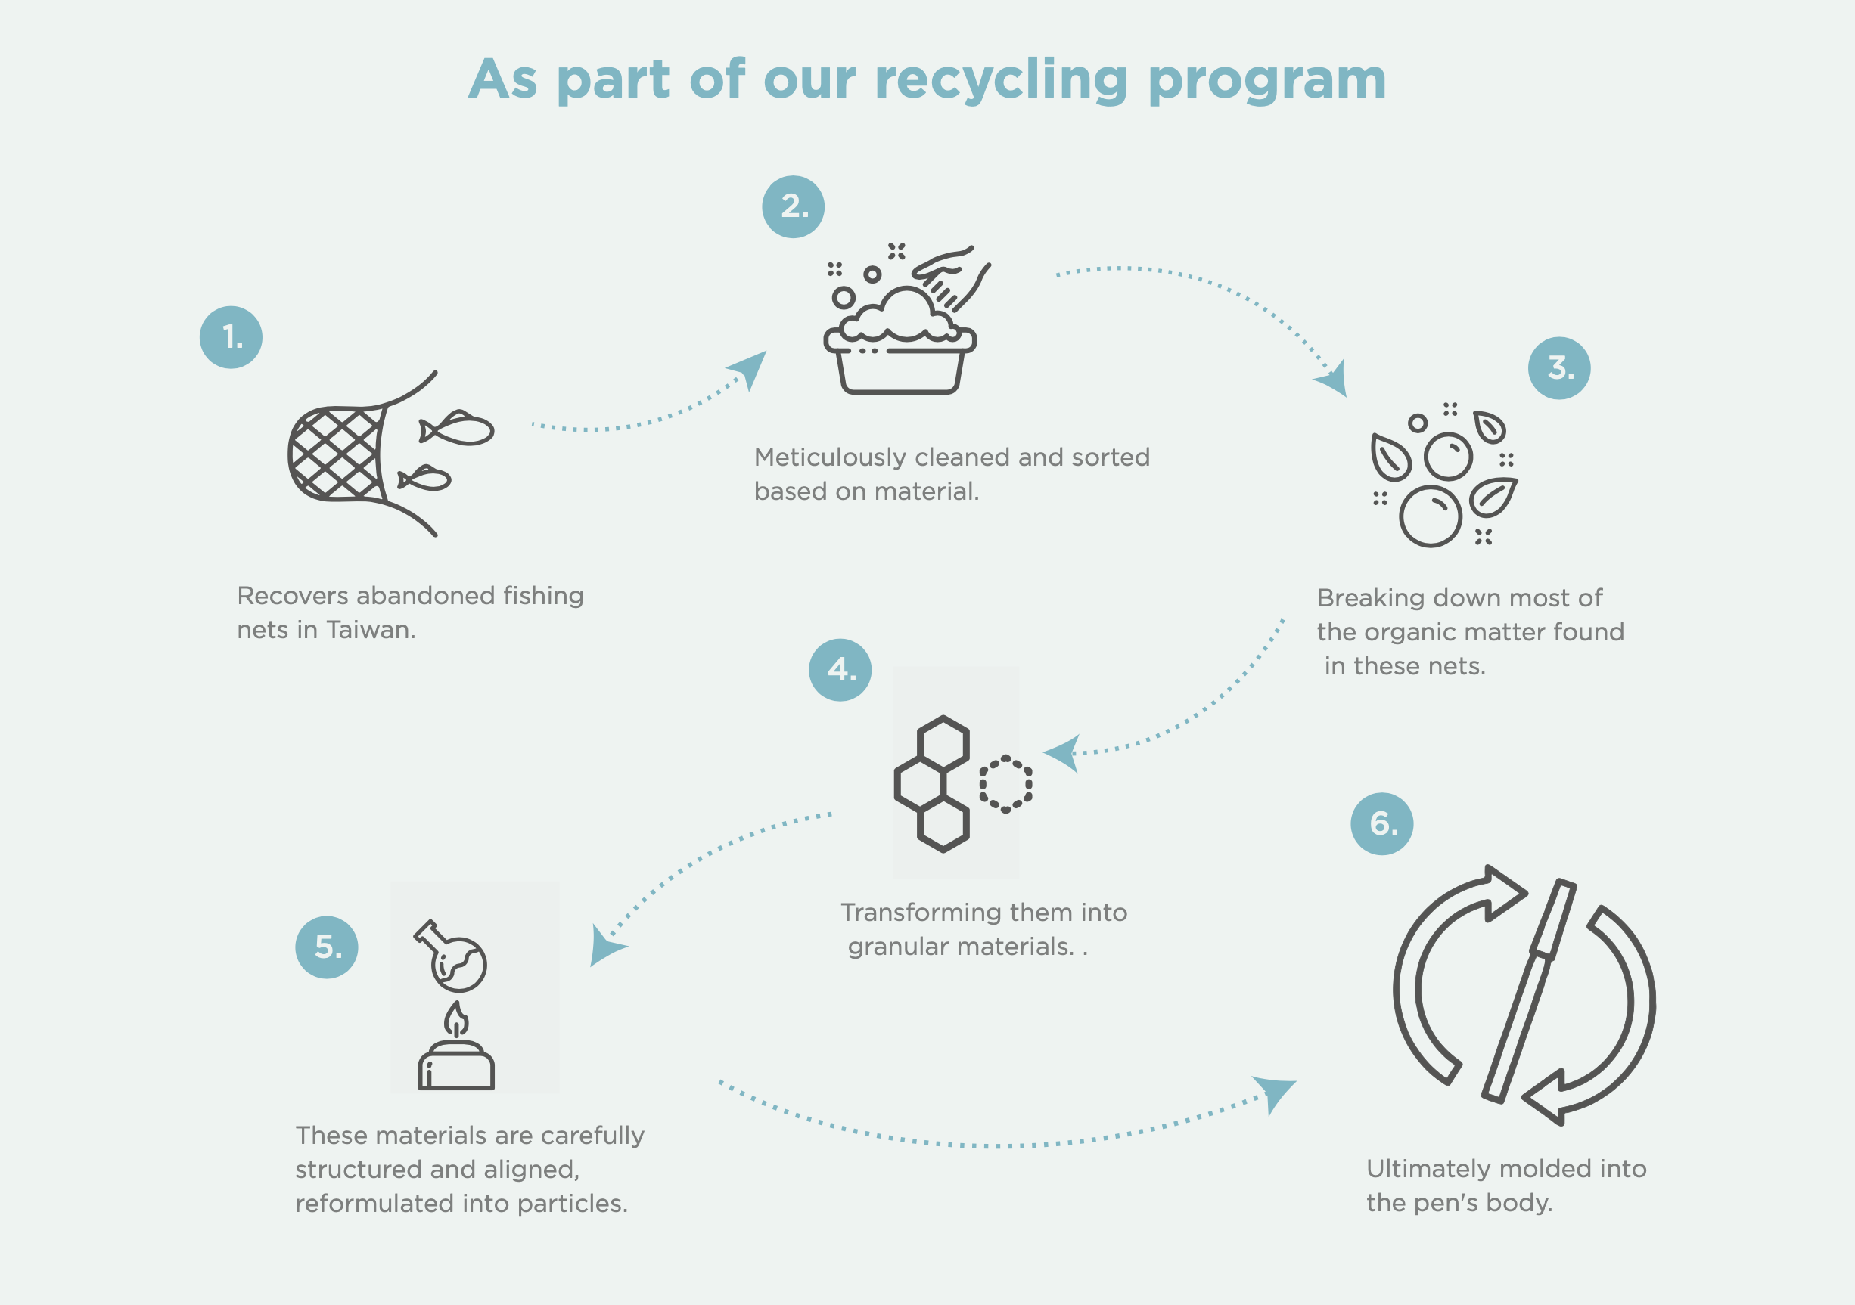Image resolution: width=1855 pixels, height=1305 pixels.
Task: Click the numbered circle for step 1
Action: (x=231, y=337)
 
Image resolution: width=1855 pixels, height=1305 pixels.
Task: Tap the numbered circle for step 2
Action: (x=794, y=206)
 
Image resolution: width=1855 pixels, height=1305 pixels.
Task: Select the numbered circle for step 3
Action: (x=1559, y=368)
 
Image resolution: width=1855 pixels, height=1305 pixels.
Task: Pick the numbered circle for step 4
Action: (x=840, y=670)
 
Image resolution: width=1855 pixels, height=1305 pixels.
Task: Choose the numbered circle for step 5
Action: (x=326, y=947)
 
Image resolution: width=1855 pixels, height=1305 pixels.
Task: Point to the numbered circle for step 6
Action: (x=1382, y=823)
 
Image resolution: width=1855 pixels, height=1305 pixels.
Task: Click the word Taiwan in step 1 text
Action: (x=370, y=630)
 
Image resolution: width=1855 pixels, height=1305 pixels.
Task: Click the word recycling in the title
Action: (x=1001, y=81)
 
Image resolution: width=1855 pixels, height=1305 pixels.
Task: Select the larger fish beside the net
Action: (x=458, y=428)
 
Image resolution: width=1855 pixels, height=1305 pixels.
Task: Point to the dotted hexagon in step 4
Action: (x=1005, y=783)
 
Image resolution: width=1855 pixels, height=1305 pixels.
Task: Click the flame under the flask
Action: (x=456, y=1021)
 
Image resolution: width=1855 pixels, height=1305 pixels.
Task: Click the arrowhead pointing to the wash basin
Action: (x=750, y=368)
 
